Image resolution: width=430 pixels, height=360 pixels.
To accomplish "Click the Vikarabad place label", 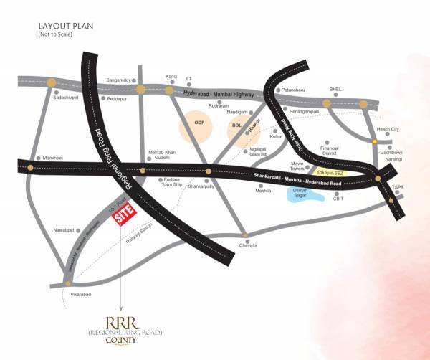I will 79,295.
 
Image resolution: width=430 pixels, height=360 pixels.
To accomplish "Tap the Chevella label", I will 247,246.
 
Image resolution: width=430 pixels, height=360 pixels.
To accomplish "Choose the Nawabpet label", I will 64,230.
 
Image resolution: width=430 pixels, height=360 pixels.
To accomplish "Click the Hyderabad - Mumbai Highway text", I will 219,94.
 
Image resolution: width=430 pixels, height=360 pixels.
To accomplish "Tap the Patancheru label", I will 294,90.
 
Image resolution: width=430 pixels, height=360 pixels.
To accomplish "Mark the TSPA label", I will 398,187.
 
